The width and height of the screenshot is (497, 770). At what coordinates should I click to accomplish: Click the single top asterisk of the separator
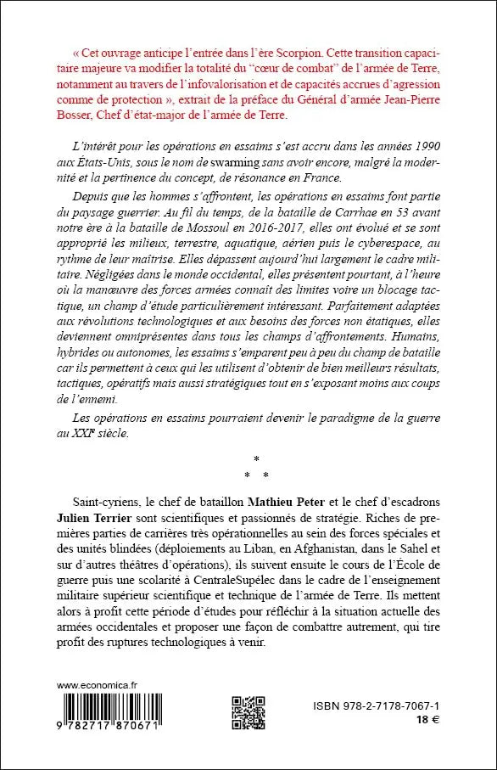click(255, 459)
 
